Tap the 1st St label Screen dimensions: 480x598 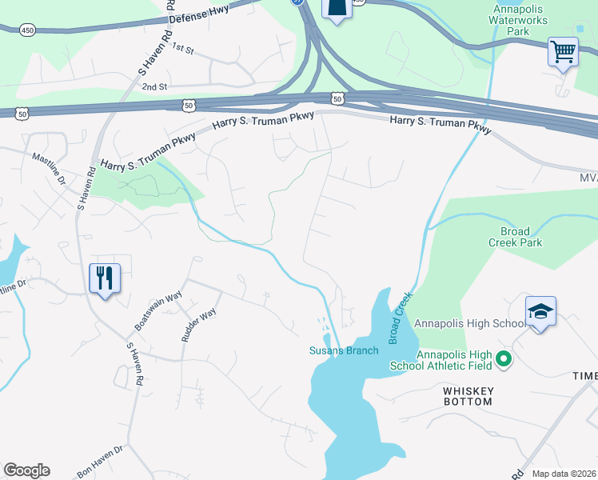183,50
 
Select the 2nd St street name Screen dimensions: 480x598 153,86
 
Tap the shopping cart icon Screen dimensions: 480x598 563,52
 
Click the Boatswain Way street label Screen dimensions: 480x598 159,311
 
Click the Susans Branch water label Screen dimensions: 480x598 344,350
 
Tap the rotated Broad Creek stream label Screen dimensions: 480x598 401,318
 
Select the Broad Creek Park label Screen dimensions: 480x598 516,237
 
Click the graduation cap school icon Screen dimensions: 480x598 540,311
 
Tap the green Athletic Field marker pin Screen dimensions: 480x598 504,360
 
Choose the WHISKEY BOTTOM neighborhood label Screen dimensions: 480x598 468,396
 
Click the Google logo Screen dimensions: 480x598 26,470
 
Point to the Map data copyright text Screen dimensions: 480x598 564,474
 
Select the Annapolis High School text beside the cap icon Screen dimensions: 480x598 469,323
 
